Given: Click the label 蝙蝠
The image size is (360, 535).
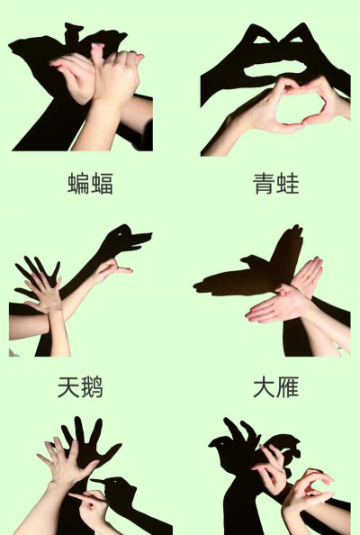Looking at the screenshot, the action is click(90, 184).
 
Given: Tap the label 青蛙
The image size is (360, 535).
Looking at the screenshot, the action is click(276, 184).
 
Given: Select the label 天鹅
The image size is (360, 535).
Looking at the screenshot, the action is click(80, 387).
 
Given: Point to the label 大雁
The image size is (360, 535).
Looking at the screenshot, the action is click(276, 387).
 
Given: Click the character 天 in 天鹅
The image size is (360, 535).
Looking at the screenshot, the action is click(68, 387).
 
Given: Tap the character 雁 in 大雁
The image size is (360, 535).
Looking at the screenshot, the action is click(288, 387).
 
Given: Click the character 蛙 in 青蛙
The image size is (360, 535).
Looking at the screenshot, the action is click(288, 184).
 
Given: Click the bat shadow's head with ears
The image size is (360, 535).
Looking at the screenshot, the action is click(74, 33).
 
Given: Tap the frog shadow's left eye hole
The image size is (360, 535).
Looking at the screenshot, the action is click(262, 40).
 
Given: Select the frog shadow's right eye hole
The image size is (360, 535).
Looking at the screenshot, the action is click(295, 40).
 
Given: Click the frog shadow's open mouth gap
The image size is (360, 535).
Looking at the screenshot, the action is click(275, 69).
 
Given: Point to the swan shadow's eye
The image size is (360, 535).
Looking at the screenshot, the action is click(120, 234).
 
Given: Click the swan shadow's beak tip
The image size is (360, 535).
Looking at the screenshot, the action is click(151, 235).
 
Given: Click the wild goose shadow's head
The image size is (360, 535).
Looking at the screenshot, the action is click(250, 260).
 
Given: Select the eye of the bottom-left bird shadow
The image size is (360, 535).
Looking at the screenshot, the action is click(115, 482).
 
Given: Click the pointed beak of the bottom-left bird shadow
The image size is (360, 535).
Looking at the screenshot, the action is click(92, 480).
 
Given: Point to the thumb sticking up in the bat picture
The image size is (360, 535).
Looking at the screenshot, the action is click(98, 55).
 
